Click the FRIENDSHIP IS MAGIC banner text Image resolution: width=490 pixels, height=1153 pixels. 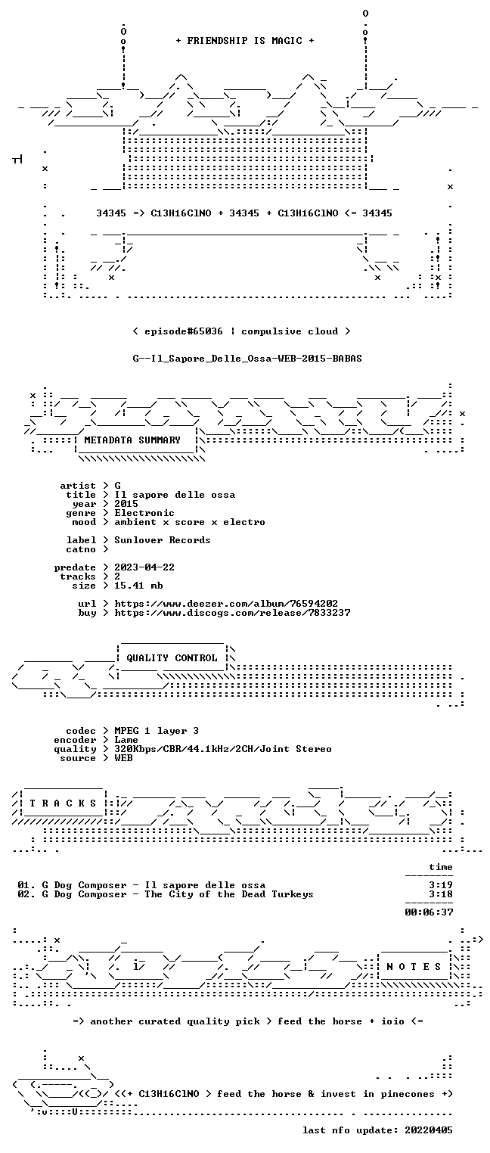(x=244, y=41)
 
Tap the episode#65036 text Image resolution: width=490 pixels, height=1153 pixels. (x=184, y=331)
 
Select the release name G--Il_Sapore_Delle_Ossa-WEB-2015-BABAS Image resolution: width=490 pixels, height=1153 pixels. (x=247, y=359)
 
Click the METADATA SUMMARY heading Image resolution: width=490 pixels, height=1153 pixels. (x=132, y=440)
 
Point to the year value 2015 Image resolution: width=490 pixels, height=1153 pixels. (x=126, y=504)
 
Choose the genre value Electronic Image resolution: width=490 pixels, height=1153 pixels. (x=144, y=513)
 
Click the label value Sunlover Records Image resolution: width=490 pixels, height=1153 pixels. (x=162, y=540)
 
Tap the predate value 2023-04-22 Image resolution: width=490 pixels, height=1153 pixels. (x=144, y=567)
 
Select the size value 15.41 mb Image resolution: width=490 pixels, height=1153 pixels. (x=138, y=586)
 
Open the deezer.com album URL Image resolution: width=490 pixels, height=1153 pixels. (x=226, y=603)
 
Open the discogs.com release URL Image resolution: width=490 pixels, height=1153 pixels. (x=232, y=613)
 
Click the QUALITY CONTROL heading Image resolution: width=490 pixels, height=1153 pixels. (x=172, y=657)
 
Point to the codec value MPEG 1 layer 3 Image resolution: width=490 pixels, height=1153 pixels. (x=157, y=731)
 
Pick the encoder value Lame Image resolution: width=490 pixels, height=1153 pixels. (x=126, y=740)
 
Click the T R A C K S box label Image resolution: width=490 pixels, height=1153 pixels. (x=63, y=803)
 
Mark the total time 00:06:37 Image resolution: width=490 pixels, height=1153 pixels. (x=429, y=912)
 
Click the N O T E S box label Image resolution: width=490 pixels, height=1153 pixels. (x=414, y=967)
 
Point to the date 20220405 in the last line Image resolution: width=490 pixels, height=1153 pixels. (x=429, y=1130)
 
